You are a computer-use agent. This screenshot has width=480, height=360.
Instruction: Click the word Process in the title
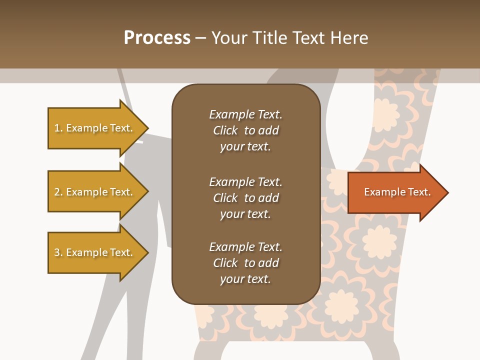(157, 38)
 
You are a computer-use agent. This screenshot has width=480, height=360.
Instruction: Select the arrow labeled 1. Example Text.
(95, 128)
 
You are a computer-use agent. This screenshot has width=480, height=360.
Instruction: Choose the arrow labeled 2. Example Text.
(95, 192)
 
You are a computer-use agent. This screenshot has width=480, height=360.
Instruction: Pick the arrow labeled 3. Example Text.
(95, 252)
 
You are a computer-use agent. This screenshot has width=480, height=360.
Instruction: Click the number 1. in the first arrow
(58, 128)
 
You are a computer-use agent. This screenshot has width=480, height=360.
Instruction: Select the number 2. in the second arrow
(58, 192)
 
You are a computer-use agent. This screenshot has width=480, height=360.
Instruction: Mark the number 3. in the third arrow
(58, 252)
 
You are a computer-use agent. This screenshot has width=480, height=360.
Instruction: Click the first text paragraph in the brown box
(245, 130)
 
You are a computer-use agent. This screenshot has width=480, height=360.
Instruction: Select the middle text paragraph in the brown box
(245, 198)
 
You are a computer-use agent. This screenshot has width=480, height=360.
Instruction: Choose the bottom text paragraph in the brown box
(245, 263)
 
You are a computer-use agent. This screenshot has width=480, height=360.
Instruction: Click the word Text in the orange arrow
(420, 192)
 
